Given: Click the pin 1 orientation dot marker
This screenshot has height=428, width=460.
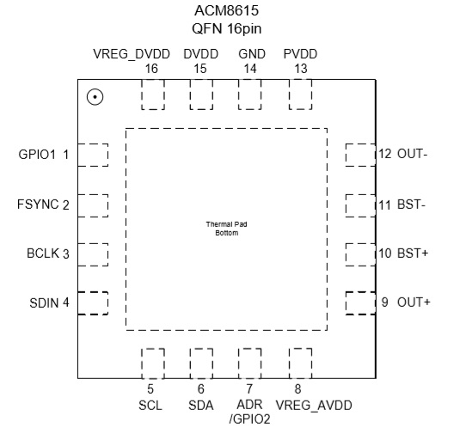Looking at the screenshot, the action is (x=95, y=97).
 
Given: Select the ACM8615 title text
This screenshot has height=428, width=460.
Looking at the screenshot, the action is (x=226, y=11).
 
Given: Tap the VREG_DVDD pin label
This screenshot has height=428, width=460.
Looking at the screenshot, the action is (x=132, y=54).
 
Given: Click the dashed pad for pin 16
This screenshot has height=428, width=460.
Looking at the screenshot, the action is (x=153, y=95).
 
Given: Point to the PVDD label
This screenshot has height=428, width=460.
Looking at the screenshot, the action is (x=300, y=54).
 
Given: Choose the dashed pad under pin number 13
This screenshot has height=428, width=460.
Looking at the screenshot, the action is (x=300, y=95).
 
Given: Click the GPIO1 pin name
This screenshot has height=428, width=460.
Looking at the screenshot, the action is (x=37, y=155).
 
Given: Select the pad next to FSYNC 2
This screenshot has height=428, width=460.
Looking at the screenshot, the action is (x=93, y=205).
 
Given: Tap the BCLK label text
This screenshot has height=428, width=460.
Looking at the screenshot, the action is (x=43, y=254).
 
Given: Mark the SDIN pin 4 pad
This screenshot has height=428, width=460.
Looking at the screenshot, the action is (x=93, y=303).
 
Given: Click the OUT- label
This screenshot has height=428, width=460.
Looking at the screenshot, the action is (x=412, y=154).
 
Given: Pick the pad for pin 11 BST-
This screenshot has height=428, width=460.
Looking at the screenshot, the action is (x=360, y=205).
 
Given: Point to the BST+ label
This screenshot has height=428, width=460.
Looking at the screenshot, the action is (x=413, y=253).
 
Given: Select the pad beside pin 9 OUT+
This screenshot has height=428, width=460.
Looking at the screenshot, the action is (x=360, y=303).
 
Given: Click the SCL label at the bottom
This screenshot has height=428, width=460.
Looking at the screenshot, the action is (x=150, y=406).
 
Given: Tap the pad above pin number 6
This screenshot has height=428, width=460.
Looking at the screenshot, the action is (x=201, y=364).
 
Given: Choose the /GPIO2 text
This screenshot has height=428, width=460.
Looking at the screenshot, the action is (x=249, y=419).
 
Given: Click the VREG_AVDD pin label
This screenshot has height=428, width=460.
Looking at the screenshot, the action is (x=314, y=406).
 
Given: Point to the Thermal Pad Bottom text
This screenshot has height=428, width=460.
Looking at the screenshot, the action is (x=226, y=229).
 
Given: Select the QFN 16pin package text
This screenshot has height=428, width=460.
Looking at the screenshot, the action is (x=226, y=28).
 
